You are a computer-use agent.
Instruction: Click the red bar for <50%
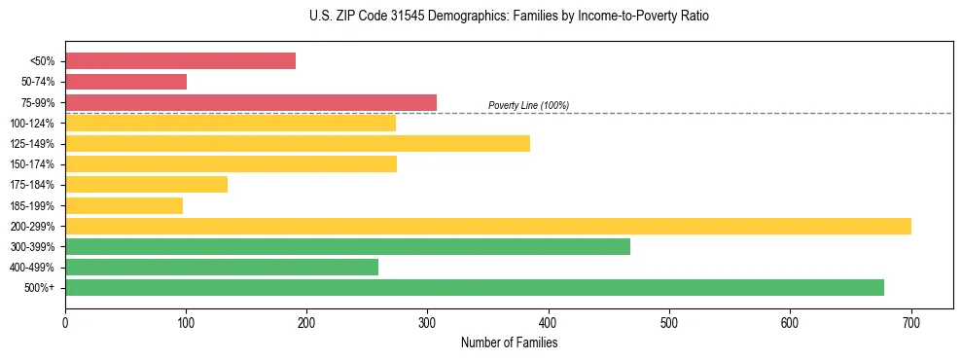[180, 61]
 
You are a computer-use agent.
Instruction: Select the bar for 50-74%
[125, 82]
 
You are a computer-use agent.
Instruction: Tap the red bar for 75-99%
[250, 102]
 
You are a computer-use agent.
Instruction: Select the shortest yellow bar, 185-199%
[124, 205]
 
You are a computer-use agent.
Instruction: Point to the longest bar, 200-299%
[487, 226]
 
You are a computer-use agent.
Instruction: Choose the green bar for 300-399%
[347, 246]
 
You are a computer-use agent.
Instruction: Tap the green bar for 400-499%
[221, 267]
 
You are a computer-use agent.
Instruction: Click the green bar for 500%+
[474, 287]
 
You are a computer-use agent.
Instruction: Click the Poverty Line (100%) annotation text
[528, 105]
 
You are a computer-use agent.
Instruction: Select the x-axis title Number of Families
[509, 342]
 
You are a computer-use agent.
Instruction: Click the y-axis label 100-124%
[32, 124]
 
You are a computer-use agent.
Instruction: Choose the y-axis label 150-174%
[32, 164]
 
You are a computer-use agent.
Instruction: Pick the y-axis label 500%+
[40, 288]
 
